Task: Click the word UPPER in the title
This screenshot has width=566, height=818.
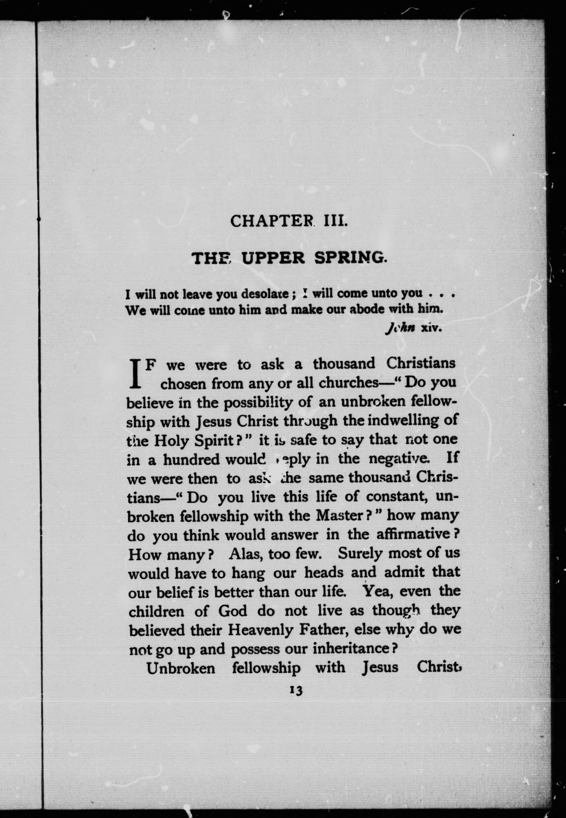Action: (273, 258)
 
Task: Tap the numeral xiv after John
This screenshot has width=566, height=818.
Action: (431, 328)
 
